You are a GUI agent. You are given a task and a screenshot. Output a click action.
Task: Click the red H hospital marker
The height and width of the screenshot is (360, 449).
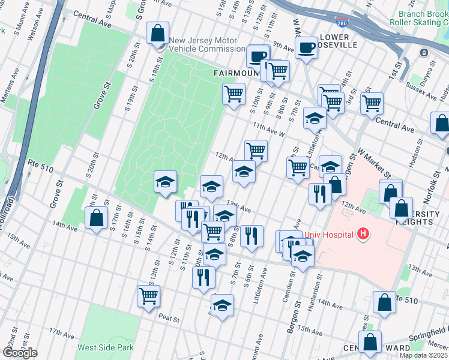(x=362, y=234)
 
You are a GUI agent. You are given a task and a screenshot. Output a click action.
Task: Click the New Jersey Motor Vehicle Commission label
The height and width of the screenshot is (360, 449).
(x=207, y=45)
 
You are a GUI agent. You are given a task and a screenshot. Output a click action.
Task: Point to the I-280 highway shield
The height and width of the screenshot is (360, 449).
(x=359, y=23)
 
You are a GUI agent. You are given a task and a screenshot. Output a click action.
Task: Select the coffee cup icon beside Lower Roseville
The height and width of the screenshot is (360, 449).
(x=306, y=47)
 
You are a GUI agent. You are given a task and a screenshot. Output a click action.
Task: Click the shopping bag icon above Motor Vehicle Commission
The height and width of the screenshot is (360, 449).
(x=157, y=33)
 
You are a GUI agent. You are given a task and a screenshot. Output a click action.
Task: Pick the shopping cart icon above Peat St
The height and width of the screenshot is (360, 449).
(x=148, y=295)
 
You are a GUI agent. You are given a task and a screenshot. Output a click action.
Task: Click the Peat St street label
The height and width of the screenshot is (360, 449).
(x=169, y=319)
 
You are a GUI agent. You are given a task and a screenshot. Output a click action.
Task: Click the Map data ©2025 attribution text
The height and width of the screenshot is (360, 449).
(x=423, y=355)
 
